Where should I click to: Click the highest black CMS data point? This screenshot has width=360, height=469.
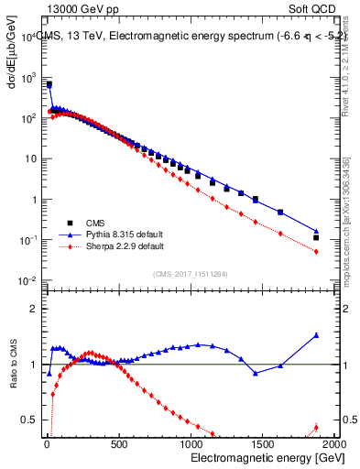(49, 84)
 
